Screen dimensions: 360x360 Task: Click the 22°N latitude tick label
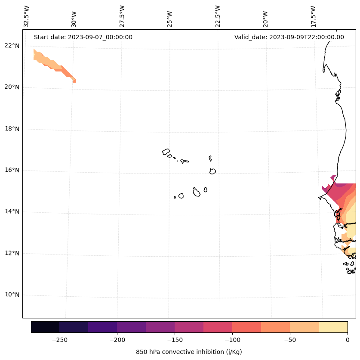pyautogui.click(x=11, y=46)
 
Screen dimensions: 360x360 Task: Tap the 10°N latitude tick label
pyautogui.click(x=11, y=295)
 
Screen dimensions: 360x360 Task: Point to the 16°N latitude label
pyautogui.click(x=11, y=170)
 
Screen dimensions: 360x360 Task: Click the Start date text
pyautogui.click(x=83, y=37)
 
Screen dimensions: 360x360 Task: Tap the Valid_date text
pyautogui.click(x=289, y=37)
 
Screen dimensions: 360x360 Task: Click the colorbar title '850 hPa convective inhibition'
pyautogui.click(x=189, y=352)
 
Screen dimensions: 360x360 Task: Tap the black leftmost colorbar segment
pyautogui.click(x=45, y=327)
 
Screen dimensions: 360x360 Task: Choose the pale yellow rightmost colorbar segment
pyautogui.click(x=333, y=327)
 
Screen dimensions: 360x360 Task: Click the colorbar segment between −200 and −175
pyautogui.click(x=132, y=327)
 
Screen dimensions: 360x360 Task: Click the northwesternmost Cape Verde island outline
pyautogui.click(x=166, y=152)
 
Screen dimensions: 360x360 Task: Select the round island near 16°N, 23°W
pyautogui.click(x=212, y=171)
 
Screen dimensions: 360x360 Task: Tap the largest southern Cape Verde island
pyautogui.click(x=197, y=192)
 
